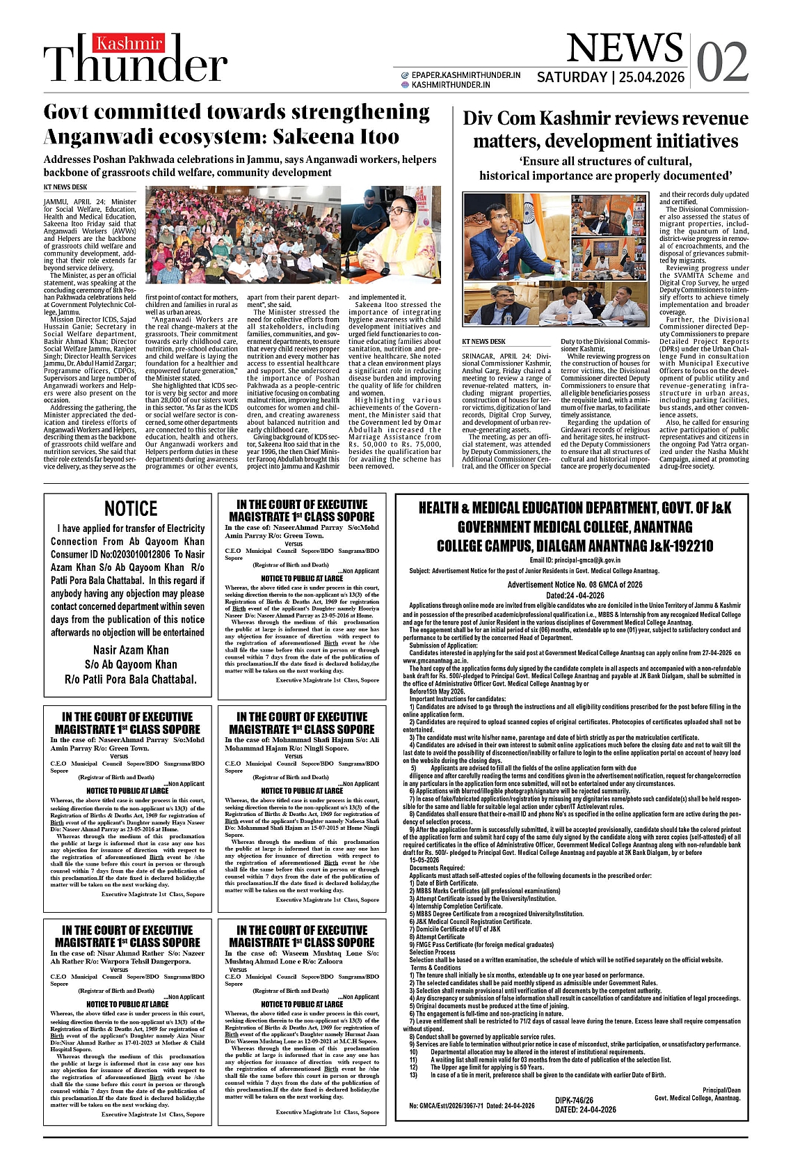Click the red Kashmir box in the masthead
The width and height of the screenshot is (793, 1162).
[x=129, y=44]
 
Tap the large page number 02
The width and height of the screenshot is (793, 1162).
[x=722, y=62]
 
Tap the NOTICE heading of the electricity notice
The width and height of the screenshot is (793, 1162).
[x=131, y=508]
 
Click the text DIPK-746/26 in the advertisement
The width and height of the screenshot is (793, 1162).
[x=575, y=1101]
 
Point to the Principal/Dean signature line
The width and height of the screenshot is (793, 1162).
[x=721, y=1090]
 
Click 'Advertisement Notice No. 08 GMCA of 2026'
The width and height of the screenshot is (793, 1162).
[x=575, y=585]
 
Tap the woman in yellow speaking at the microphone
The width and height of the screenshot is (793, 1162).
[x=401, y=230]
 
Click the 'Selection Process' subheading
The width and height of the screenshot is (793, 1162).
[x=433, y=952]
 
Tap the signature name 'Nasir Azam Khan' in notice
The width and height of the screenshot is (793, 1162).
[x=131, y=650]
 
